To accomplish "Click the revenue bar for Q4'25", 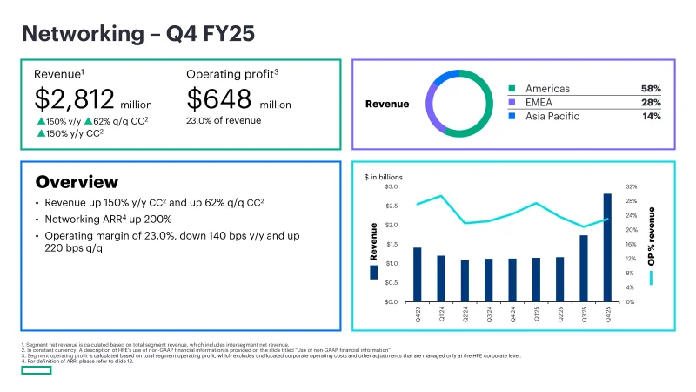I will tap(607, 247).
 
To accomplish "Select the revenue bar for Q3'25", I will tap(583, 268).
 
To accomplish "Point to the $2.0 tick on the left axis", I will tap(391, 225).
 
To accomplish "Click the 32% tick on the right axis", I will tap(631, 186).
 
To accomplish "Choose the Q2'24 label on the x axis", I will tap(465, 318).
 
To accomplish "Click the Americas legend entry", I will tap(545, 88).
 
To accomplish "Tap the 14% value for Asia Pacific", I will tap(652, 116).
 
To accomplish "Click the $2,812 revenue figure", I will tap(75, 99).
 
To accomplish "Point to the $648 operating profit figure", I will tap(221, 99).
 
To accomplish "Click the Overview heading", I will tap(77, 182).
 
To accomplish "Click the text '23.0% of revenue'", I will tap(224, 121).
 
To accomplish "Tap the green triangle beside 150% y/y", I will tap(41, 121).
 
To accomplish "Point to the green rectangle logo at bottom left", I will tap(37, 370).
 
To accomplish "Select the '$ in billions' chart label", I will tap(384, 177).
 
